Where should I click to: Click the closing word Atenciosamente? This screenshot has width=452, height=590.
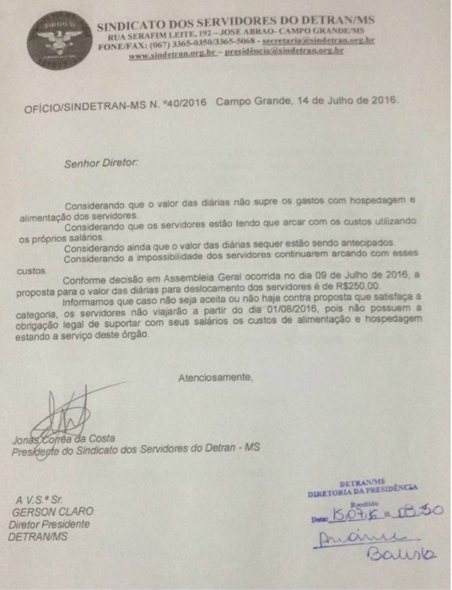(215, 376)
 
